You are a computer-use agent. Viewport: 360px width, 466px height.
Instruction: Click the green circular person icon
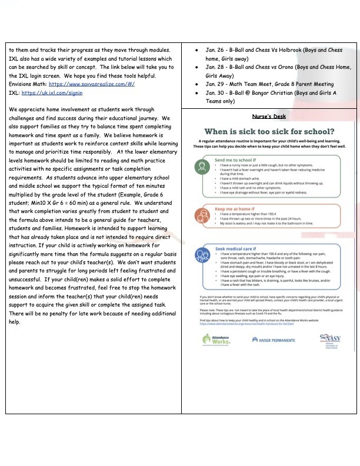coord(202,169)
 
